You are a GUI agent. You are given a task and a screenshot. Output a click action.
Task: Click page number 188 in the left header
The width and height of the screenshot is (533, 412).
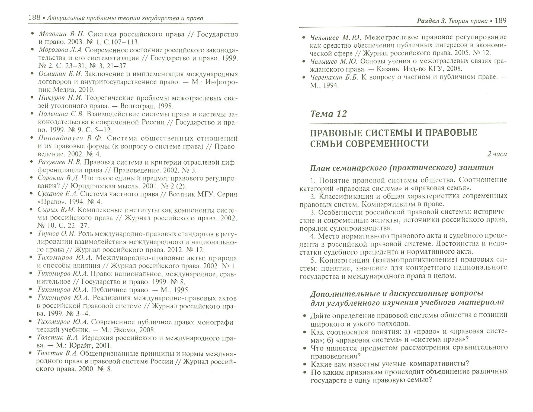(x=34, y=18)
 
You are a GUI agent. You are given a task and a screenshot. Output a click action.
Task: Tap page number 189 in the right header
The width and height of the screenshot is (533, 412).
(x=500, y=21)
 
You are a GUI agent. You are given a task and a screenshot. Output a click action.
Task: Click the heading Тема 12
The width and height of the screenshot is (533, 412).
(x=328, y=114)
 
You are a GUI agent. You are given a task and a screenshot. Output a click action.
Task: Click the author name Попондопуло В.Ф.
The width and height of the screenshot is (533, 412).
(x=70, y=138)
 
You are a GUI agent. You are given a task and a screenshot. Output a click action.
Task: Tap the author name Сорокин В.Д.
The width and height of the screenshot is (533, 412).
(x=58, y=178)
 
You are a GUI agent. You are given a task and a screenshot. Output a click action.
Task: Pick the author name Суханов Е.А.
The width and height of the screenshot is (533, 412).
(x=58, y=194)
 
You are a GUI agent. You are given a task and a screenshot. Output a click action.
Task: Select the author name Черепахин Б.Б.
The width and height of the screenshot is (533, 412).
(x=334, y=77)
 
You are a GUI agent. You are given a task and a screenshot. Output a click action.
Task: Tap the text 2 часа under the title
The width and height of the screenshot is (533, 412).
(x=497, y=154)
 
